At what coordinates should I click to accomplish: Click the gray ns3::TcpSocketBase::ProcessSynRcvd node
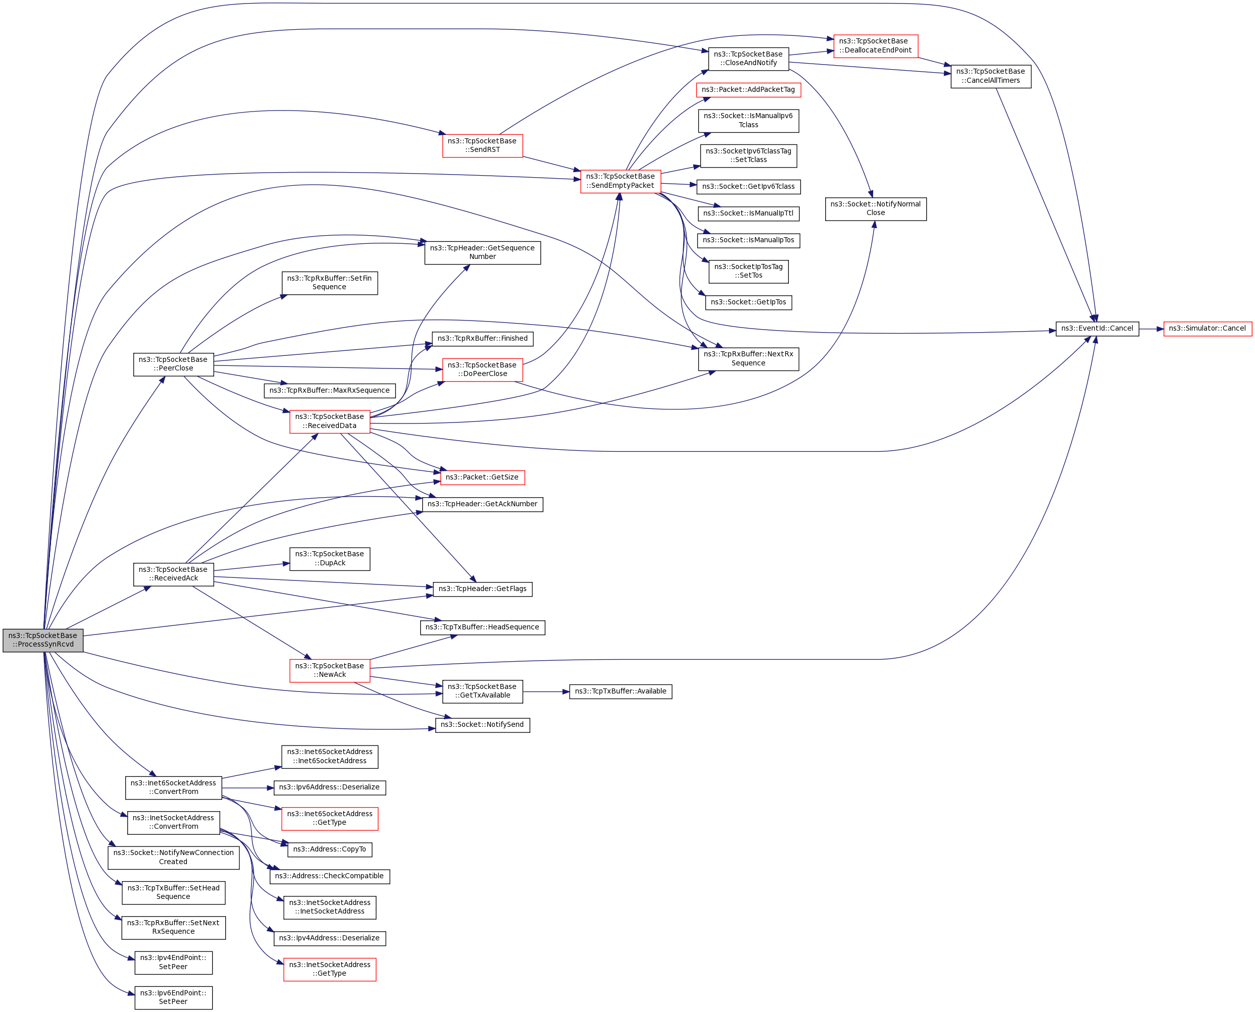(42, 640)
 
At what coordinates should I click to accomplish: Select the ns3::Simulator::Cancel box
(1207, 329)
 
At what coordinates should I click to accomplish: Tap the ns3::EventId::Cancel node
(1097, 329)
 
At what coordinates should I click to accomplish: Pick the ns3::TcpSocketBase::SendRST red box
(482, 146)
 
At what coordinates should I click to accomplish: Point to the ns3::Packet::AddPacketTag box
(748, 90)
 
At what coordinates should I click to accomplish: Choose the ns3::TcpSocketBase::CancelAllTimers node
(990, 76)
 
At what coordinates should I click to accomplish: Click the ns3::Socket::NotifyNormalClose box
(875, 208)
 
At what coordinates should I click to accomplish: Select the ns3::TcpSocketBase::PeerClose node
(173, 364)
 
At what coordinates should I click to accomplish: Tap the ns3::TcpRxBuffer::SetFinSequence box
(329, 283)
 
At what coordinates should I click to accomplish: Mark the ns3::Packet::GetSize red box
(482, 477)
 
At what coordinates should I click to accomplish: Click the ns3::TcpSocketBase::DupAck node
(329, 558)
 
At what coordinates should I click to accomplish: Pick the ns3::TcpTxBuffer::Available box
(621, 691)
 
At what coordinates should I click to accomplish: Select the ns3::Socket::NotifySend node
(482, 725)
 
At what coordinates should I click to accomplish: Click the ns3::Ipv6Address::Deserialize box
(329, 787)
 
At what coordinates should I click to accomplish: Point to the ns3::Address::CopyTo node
(329, 849)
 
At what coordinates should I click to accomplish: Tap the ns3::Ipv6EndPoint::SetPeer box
(173, 997)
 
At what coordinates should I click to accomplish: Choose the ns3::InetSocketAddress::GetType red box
(329, 970)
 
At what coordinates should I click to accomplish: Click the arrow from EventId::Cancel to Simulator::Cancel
(1150, 329)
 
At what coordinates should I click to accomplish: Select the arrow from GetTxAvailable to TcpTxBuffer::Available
(546, 691)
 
